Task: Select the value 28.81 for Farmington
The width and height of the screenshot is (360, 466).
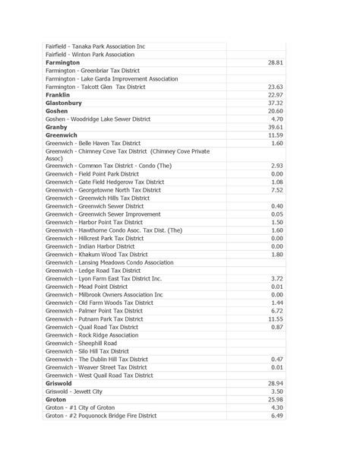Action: [x=275, y=62]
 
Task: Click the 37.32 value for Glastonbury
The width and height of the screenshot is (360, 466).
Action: [x=275, y=103]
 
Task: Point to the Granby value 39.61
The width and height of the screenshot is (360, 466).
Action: [x=275, y=127]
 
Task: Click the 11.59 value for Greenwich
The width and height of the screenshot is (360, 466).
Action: [x=275, y=135]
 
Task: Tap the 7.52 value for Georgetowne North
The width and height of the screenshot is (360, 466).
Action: [x=276, y=190]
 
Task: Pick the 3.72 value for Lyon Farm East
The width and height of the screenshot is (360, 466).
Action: [x=276, y=278]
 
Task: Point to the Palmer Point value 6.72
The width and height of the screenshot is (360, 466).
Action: [x=276, y=310]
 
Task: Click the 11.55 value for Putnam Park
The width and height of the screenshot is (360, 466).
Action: [x=275, y=319]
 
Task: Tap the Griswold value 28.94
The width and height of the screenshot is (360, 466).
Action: [x=275, y=384]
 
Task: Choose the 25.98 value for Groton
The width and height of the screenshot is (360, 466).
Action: [x=275, y=399]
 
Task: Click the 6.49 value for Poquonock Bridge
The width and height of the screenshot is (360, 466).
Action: [x=276, y=416]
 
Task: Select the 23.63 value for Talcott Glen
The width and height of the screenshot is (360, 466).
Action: [x=275, y=87]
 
